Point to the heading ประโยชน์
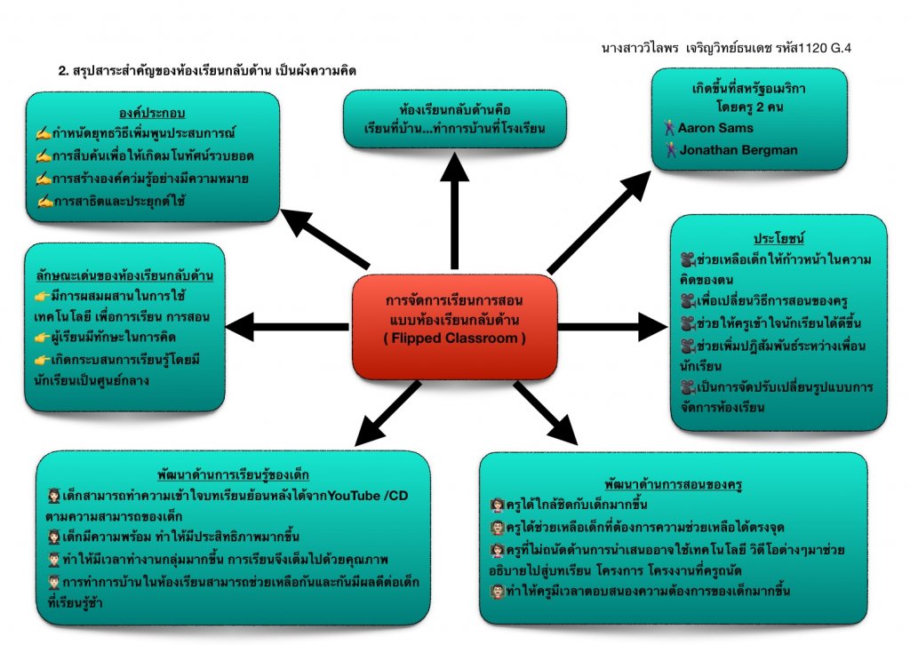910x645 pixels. [778, 239]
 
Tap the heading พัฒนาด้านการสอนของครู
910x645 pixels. [672, 484]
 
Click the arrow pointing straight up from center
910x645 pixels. [454, 204]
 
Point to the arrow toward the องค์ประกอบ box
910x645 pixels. [323, 237]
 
